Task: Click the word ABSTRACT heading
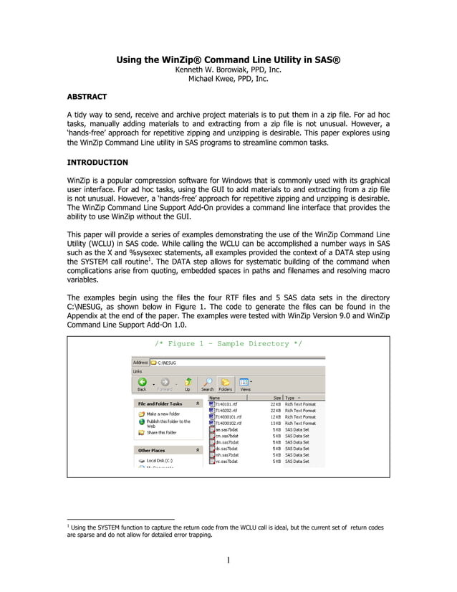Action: tap(87, 96)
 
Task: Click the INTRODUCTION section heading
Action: tap(97, 163)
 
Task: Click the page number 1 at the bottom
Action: tap(228, 560)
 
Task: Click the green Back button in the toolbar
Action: tap(142, 383)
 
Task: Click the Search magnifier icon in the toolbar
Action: tap(207, 383)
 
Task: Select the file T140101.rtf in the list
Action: tap(228, 404)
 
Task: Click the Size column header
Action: tap(276, 397)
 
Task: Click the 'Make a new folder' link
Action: tap(163, 414)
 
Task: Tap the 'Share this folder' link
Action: tap(161, 432)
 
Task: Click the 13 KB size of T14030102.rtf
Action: tap(275, 423)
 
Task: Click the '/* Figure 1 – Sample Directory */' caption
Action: tap(228, 344)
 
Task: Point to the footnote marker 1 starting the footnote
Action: tap(67, 525)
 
